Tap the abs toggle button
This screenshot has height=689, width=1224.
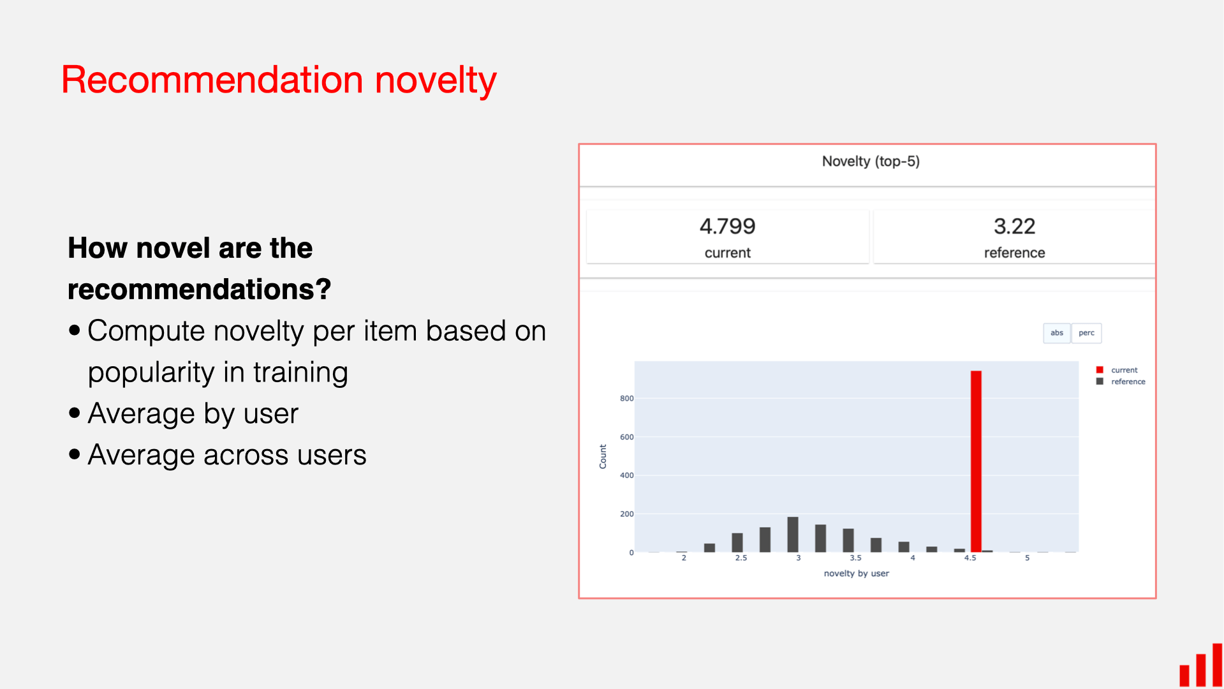click(1056, 333)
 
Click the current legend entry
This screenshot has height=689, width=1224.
click(1123, 370)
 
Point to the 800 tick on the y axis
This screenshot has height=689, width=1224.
click(626, 399)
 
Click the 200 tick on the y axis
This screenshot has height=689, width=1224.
click(626, 514)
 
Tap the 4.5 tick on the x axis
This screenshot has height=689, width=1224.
click(970, 558)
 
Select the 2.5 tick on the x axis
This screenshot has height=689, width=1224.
click(741, 558)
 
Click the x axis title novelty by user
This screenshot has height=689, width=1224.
click(856, 574)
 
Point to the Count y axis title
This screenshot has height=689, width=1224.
click(603, 457)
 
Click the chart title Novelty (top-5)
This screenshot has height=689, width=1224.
click(870, 161)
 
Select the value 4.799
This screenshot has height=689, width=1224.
click(727, 226)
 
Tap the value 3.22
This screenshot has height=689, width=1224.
click(1014, 226)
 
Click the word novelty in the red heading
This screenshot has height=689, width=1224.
click(435, 80)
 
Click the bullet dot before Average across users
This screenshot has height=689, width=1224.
click(75, 454)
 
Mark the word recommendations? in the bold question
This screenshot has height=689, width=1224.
click(199, 290)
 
